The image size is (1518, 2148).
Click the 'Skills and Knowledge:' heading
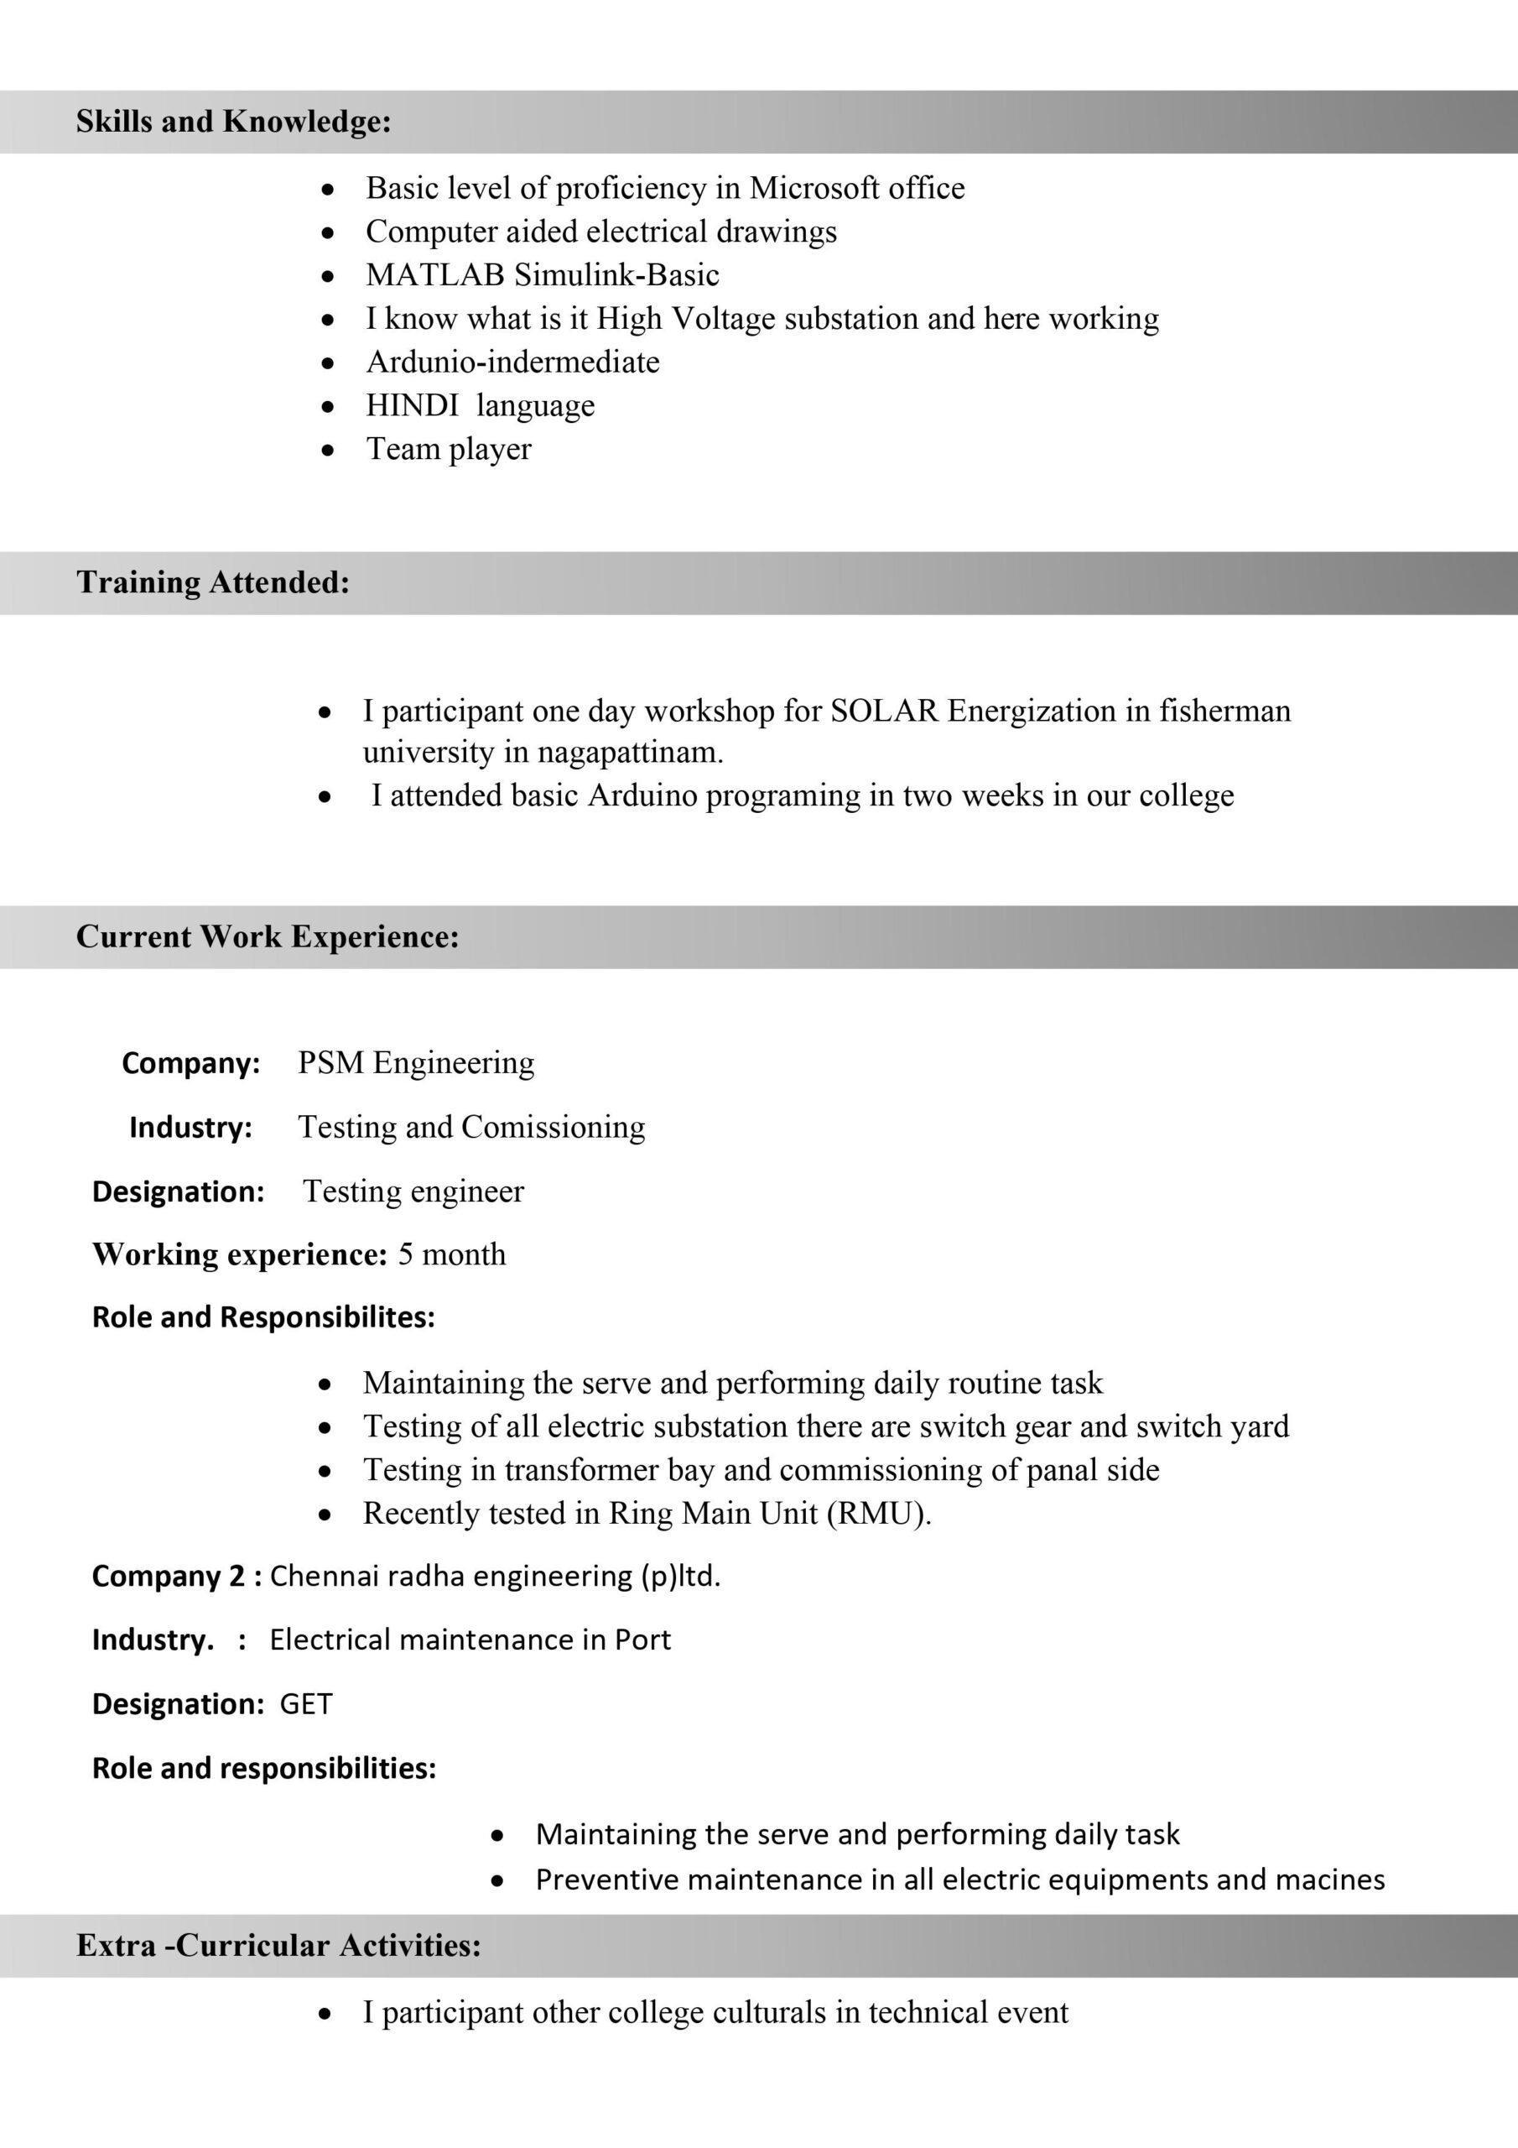[233, 122]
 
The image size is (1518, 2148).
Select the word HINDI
[412, 405]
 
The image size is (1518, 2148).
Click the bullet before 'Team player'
[326, 450]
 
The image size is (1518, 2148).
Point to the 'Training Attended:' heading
[213, 583]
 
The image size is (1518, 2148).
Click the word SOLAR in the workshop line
[884, 711]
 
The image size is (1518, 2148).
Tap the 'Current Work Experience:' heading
[268, 936]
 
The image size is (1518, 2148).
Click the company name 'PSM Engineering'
[416, 1063]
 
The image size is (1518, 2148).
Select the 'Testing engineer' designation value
[413, 1191]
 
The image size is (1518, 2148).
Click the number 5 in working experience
[405, 1254]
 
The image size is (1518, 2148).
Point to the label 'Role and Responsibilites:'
[263, 1317]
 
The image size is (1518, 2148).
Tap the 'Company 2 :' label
[177, 1577]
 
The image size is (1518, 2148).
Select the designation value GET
[306, 1703]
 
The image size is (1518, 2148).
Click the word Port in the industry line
[642, 1640]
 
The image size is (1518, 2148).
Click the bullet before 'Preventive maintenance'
[497, 1879]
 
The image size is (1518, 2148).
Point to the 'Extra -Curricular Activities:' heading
[278, 1946]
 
